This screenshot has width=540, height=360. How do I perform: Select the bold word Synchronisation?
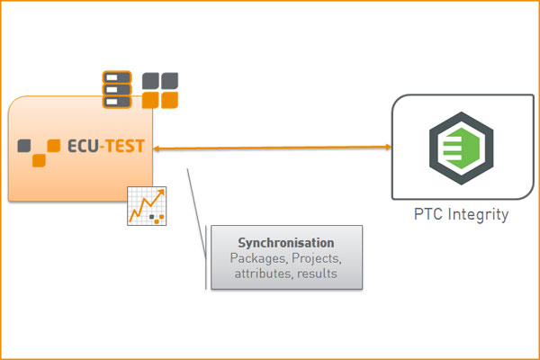click(x=286, y=243)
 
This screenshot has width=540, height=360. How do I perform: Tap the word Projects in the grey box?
click(x=315, y=258)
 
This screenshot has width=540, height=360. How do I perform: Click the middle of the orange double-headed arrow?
click(x=272, y=148)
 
